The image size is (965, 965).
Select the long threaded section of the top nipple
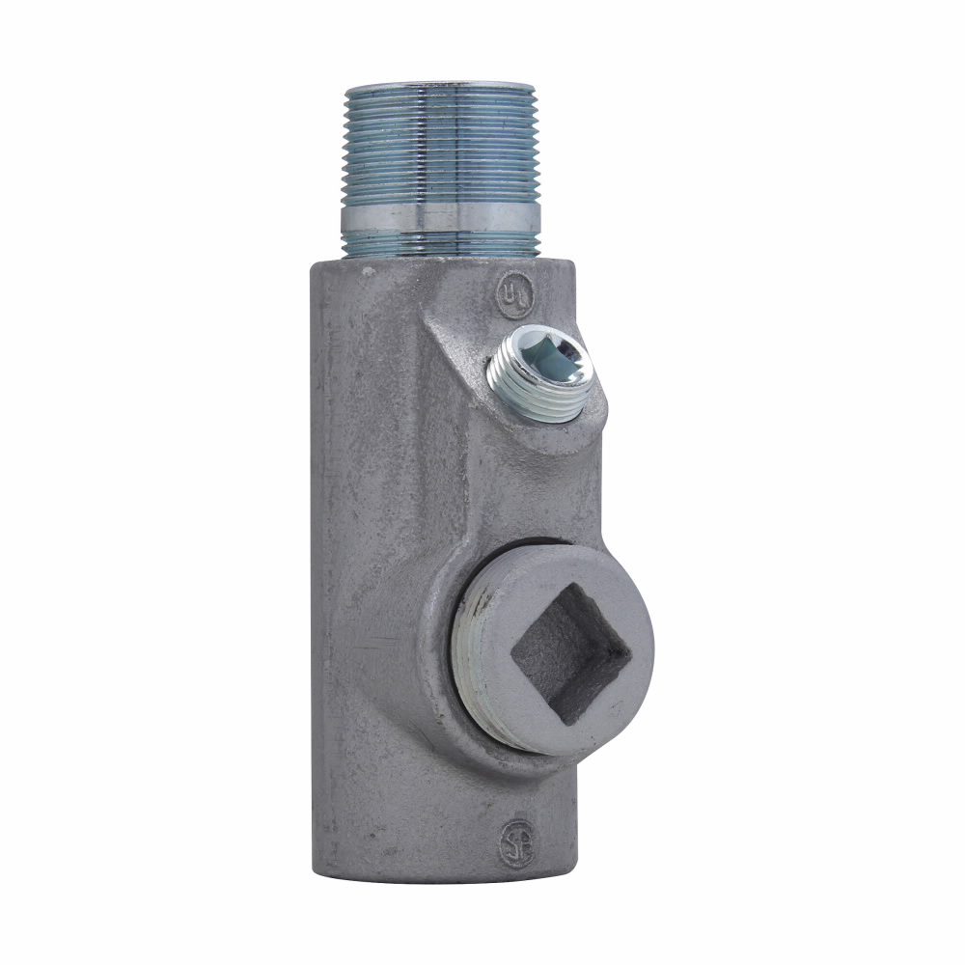440,145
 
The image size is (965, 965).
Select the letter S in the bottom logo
512,842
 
